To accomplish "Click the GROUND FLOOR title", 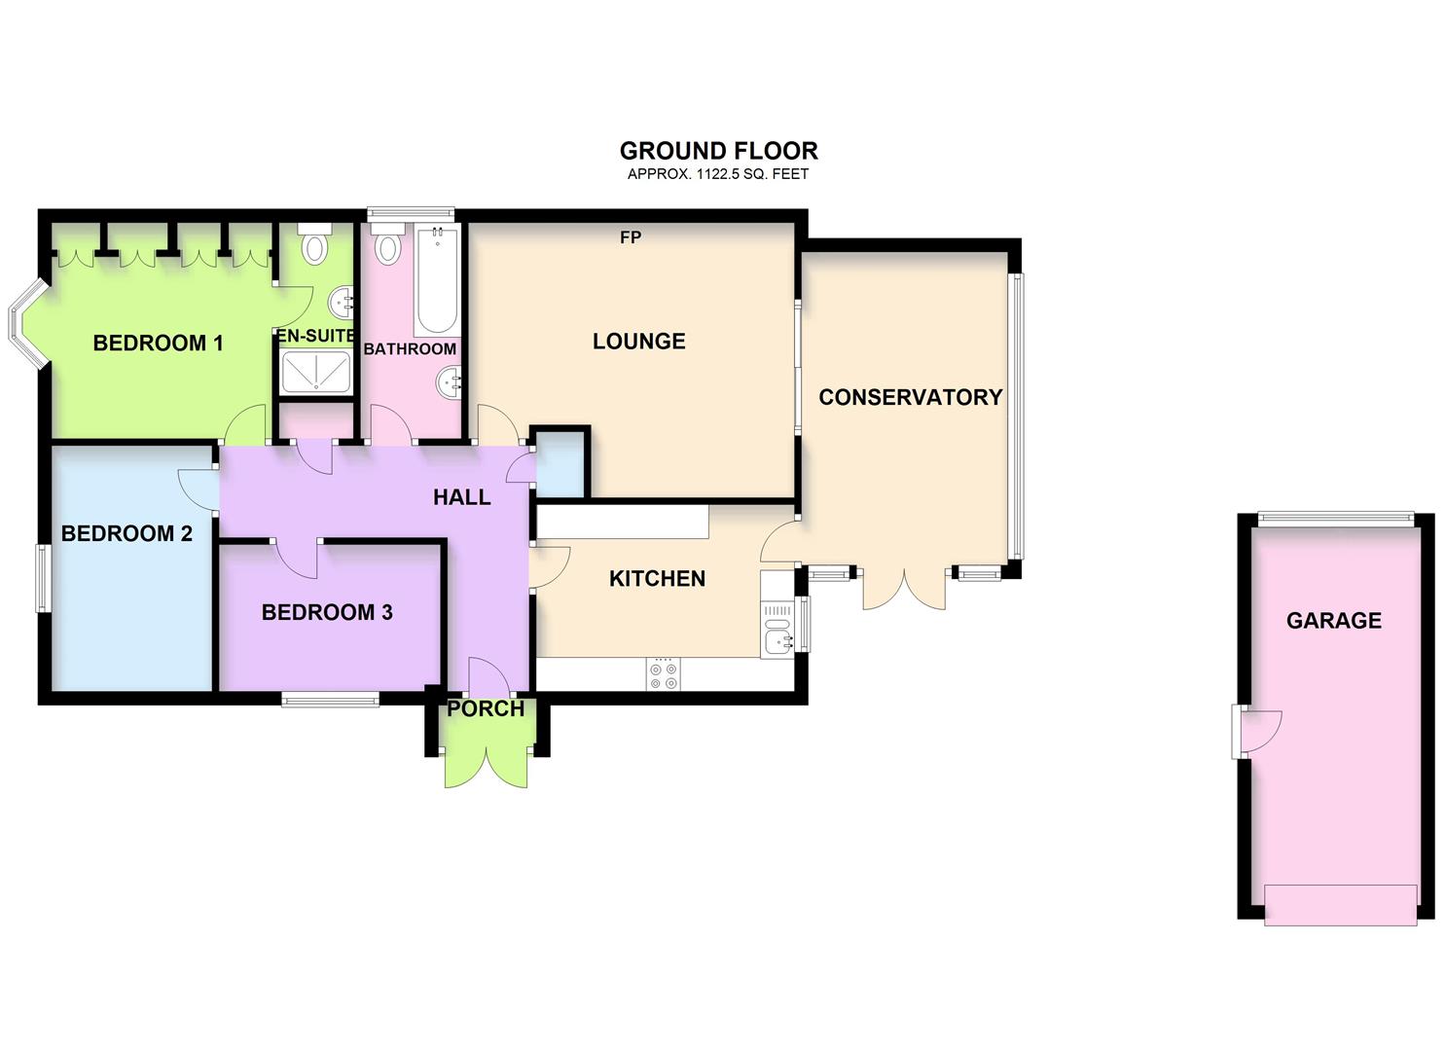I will click(718, 151).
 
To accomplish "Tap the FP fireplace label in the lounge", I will click(631, 237).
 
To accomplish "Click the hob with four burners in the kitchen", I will click(664, 675).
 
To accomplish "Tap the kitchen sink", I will click(777, 640).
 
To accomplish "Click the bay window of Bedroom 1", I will click(25, 326).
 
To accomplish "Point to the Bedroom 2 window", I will click(44, 577).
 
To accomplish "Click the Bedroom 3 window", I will click(330, 698).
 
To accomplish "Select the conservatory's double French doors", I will click(904, 589).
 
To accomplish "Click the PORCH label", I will click(486, 709).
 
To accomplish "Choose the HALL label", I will click(461, 497).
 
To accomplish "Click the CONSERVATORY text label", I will click(910, 397).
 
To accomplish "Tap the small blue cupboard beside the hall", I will click(560, 463).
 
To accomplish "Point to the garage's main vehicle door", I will click(1340, 904).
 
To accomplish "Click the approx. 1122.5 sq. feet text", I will click(718, 174).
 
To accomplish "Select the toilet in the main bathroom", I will click(387, 244).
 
